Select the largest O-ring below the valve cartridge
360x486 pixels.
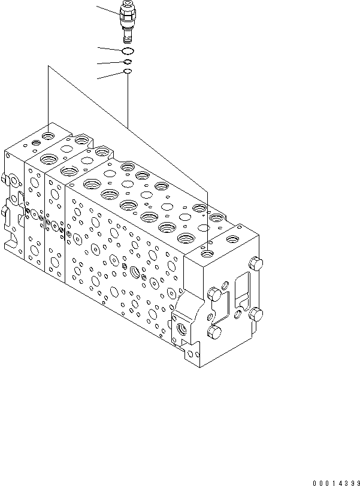pos(128,51)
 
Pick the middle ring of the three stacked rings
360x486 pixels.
pos(128,62)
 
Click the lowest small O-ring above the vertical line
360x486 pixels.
pos(128,72)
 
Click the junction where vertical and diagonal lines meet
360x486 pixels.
pos(128,126)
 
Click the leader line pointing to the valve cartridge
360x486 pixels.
pos(108,10)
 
